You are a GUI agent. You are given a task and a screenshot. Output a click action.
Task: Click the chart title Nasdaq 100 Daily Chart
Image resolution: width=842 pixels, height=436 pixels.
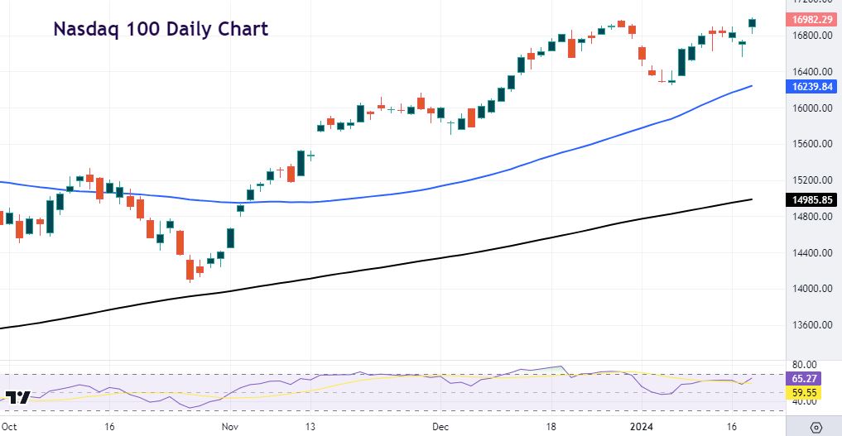pos(161,30)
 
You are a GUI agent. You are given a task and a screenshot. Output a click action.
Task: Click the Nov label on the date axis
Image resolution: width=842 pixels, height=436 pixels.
pos(231,427)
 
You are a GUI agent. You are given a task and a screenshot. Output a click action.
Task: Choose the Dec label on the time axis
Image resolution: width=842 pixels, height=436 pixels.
pos(440,427)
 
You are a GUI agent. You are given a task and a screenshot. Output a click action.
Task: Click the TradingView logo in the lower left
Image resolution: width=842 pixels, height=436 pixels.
pos(18,397)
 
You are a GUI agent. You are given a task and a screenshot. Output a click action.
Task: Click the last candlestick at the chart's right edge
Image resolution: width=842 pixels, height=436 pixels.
pos(752,23)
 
